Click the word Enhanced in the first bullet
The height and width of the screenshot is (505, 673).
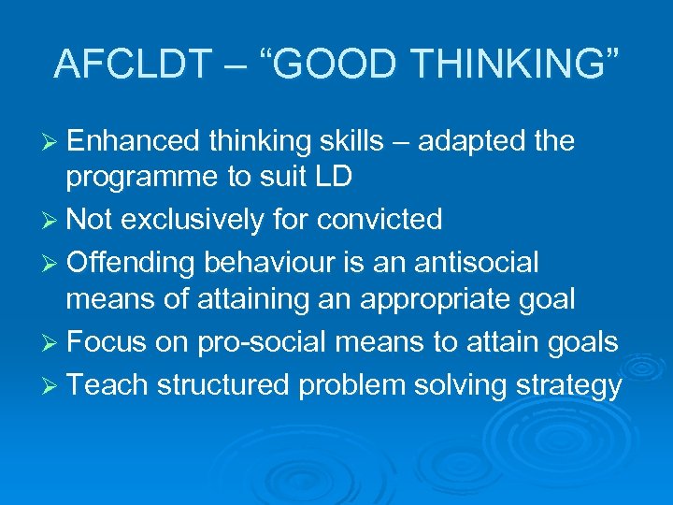coord(134,141)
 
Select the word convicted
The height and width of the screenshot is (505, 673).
coord(379,220)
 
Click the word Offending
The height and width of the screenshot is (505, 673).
coord(134,264)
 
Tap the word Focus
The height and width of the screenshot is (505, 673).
coord(107,342)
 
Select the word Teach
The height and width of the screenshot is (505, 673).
coord(105,384)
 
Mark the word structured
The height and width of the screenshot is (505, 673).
coord(223,384)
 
